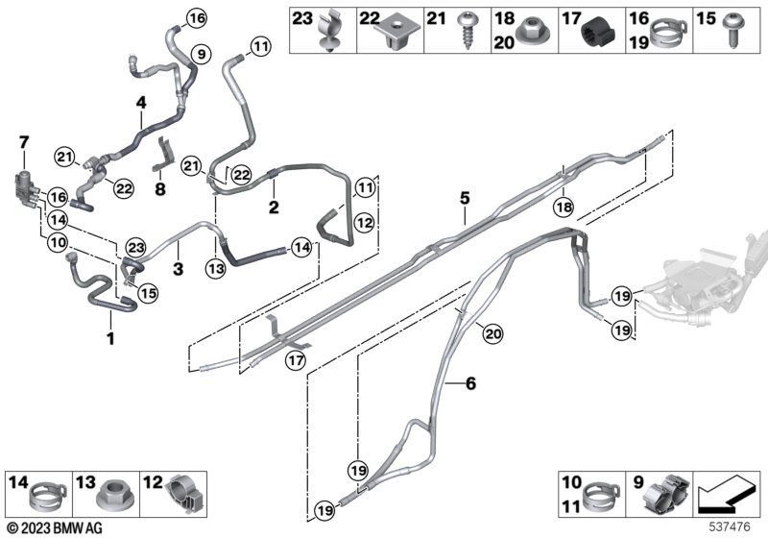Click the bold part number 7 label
coord(25,143)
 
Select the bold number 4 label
coord(140,102)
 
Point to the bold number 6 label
coord(470,384)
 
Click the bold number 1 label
coord(110,338)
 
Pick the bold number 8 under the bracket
coord(161,189)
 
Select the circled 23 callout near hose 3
coord(133,248)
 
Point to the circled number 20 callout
coord(492,334)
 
